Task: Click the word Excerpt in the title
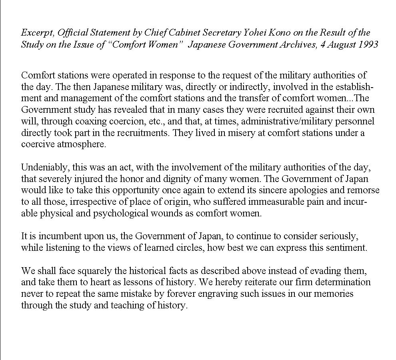pos(36,33)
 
